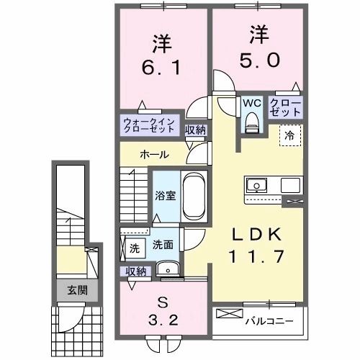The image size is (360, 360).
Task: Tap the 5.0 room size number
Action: (x=256, y=60)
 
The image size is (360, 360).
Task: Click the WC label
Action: (x=251, y=103)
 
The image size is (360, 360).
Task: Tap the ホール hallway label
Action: (x=155, y=155)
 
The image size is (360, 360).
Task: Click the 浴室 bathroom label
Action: (x=166, y=196)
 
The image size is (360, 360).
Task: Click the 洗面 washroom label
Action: (x=162, y=244)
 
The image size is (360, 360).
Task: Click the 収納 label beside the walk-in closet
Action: (x=194, y=130)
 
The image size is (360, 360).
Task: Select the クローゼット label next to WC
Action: (x=286, y=108)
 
